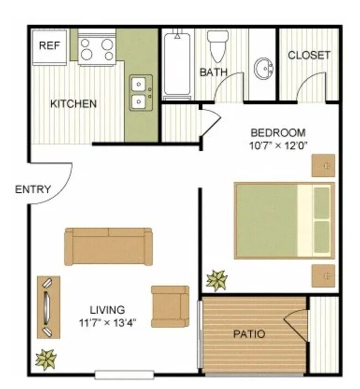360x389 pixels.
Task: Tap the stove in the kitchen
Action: click(x=96, y=48)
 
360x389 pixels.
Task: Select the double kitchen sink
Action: click(x=138, y=93)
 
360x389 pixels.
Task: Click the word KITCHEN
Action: click(x=74, y=104)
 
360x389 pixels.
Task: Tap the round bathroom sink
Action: click(x=264, y=69)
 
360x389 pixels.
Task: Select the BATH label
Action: click(x=213, y=72)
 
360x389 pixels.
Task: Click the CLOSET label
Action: click(x=309, y=55)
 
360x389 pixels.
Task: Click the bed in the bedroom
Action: click(x=284, y=220)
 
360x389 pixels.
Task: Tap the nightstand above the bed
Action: click(x=323, y=165)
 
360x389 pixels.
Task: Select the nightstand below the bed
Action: click(x=323, y=275)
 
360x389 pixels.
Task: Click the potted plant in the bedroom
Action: click(x=217, y=280)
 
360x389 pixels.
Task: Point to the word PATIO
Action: click(x=249, y=334)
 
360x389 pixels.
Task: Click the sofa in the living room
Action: click(x=109, y=246)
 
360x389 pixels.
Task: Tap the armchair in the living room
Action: click(x=170, y=306)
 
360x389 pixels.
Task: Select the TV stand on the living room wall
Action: click(x=48, y=307)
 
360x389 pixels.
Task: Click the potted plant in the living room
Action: click(x=45, y=359)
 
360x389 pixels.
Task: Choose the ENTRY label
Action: click(x=33, y=189)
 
